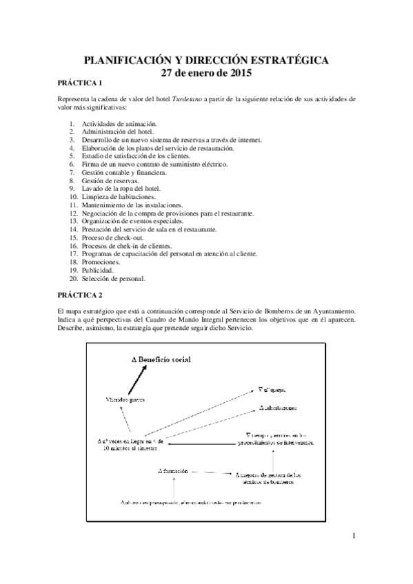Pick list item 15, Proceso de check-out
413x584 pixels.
click(x=111, y=238)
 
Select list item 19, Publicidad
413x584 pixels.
click(x=97, y=271)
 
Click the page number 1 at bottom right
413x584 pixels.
click(x=353, y=536)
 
